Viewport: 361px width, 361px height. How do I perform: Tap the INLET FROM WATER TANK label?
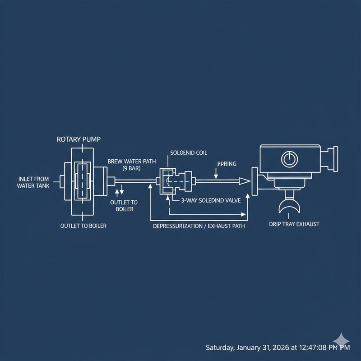(x=32, y=182)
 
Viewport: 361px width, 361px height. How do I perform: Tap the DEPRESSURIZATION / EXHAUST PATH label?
(x=199, y=225)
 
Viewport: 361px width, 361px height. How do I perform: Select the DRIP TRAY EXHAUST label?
(x=293, y=224)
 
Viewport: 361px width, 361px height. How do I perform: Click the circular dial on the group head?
(x=287, y=158)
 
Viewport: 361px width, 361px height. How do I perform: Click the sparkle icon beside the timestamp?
(x=340, y=340)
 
